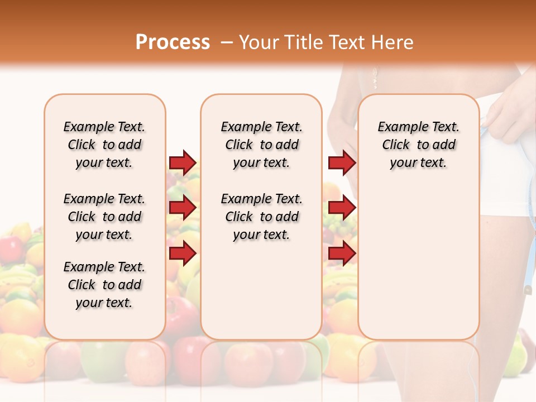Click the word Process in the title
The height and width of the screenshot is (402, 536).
(x=173, y=42)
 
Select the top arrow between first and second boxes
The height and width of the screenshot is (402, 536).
(x=183, y=162)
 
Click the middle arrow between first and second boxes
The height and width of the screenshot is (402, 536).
(x=183, y=208)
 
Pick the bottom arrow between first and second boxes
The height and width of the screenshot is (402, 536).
(x=183, y=253)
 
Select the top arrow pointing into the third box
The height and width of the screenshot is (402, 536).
(x=342, y=162)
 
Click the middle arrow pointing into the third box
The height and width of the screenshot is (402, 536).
(x=342, y=208)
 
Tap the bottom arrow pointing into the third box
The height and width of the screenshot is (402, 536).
(x=342, y=253)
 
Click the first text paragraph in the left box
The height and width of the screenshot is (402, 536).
(x=104, y=145)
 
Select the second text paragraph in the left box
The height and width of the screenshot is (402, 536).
(x=104, y=217)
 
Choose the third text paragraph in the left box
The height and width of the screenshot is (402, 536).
(x=104, y=285)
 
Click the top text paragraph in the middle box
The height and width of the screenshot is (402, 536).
(x=261, y=145)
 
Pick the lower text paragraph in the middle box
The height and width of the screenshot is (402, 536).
(x=261, y=217)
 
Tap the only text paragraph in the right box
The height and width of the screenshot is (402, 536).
(x=418, y=145)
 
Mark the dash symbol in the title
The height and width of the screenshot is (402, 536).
(x=226, y=43)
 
